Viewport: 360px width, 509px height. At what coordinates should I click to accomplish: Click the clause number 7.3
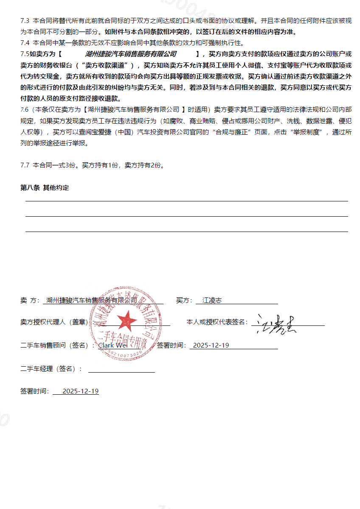[25, 20]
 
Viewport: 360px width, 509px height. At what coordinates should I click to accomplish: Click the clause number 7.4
[25, 43]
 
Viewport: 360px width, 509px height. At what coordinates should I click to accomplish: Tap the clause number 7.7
[25, 165]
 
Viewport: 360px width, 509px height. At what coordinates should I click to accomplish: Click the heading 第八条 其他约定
[45, 188]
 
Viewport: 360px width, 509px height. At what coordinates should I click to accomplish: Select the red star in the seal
[127, 321]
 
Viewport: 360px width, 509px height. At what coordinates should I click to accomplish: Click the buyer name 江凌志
[212, 300]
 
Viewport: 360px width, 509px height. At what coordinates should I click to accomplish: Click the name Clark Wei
[112, 345]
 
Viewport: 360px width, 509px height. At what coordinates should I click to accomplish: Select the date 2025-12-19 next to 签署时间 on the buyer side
[211, 345]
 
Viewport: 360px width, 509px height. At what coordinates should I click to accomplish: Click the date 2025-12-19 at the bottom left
[80, 391]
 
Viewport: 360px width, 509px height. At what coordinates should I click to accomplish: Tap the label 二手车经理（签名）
[51, 369]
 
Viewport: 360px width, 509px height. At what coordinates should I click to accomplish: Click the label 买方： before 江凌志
[184, 300]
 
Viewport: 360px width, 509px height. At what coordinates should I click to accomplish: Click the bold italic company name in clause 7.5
[130, 54]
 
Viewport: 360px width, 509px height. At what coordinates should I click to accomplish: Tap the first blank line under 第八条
[187, 201]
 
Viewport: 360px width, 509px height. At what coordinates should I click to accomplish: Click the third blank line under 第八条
[187, 231]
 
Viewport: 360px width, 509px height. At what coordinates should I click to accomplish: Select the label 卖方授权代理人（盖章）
[57, 322]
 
